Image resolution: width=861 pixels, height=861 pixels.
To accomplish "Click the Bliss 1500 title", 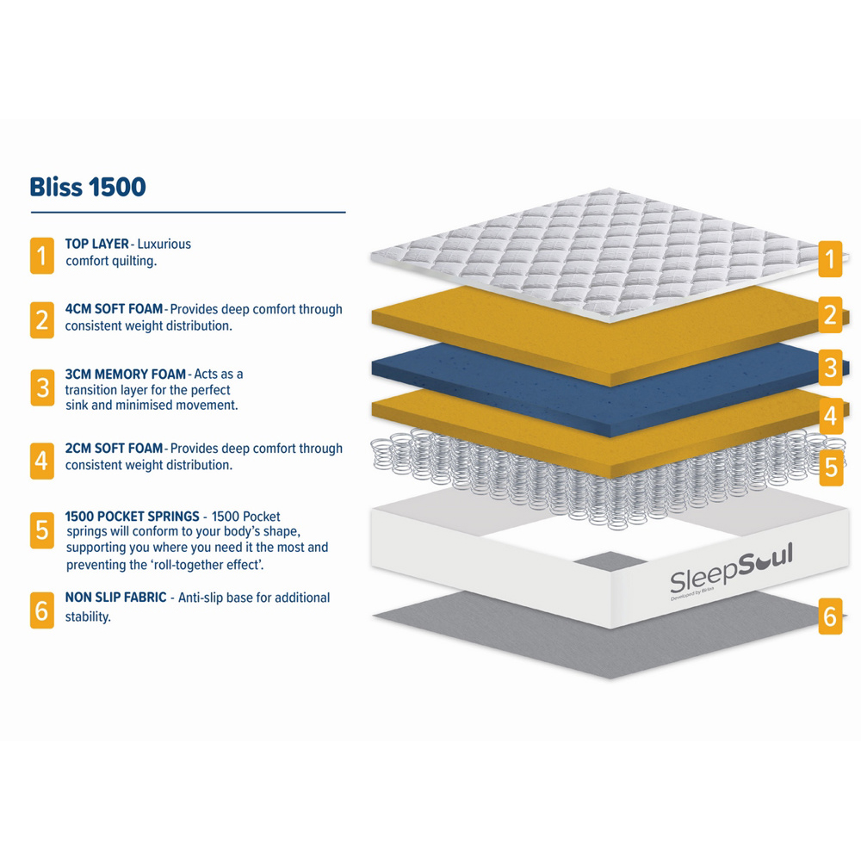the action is pyautogui.click(x=88, y=187).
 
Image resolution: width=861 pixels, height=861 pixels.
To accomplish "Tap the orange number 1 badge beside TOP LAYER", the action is pyautogui.click(x=41, y=256).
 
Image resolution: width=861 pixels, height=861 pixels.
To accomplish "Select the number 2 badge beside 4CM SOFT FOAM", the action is pyautogui.click(x=41, y=320).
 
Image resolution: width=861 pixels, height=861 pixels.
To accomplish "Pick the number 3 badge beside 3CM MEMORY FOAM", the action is pyautogui.click(x=41, y=387).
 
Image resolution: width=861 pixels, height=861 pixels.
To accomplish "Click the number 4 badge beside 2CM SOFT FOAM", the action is pyautogui.click(x=41, y=461).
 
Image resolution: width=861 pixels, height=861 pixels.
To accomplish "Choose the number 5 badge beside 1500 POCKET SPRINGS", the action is pyautogui.click(x=41, y=530).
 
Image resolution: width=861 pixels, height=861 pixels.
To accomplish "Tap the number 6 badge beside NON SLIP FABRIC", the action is pyautogui.click(x=41, y=610).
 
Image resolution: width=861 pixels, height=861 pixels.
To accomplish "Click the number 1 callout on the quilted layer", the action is pyautogui.click(x=830, y=259).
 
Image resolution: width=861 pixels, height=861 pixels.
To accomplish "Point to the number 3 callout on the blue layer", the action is pyautogui.click(x=830, y=368).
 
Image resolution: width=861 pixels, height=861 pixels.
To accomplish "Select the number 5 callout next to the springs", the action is pyautogui.click(x=831, y=468).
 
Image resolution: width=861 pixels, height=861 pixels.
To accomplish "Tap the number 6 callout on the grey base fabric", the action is pyautogui.click(x=830, y=616).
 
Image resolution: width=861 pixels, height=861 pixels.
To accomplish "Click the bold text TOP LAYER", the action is pyautogui.click(x=96, y=244).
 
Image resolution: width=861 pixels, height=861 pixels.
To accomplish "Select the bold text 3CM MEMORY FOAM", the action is pyautogui.click(x=125, y=374).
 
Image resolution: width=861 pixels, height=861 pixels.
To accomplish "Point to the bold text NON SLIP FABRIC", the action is pyautogui.click(x=115, y=598).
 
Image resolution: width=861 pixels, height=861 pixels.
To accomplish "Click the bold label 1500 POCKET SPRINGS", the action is pyautogui.click(x=132, y=516).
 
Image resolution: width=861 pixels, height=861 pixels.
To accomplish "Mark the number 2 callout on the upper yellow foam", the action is pyautogui.click(x=830, y=314).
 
